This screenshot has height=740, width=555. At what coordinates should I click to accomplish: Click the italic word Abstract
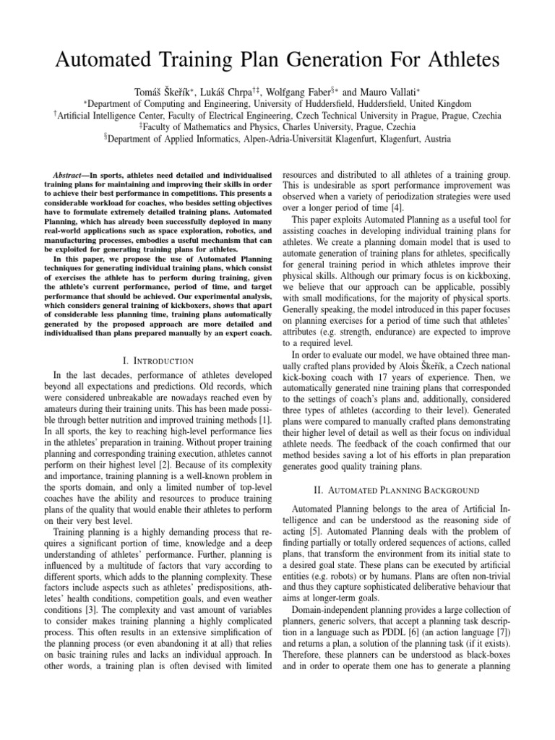point(72,175)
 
